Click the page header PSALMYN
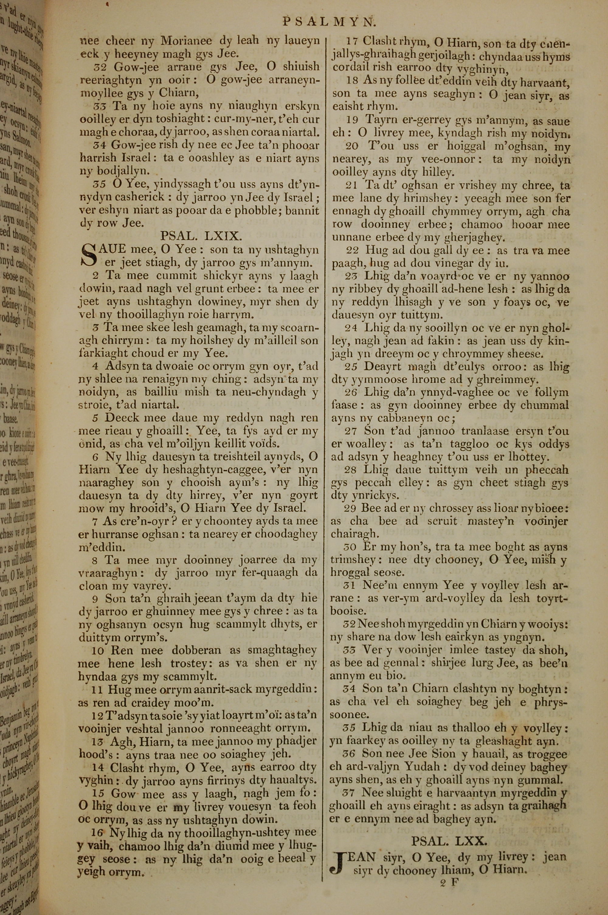tap(329, 21)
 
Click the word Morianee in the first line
tap(186, 40)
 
